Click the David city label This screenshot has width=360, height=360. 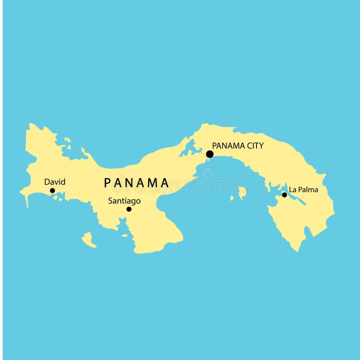click(54, 182)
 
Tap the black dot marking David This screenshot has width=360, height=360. click(52, 191)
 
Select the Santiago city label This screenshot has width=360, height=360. click(124, 201)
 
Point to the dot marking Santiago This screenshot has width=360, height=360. click(129, 209)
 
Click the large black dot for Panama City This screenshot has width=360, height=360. click(210, 154)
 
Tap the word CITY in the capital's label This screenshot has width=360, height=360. click(254, 145)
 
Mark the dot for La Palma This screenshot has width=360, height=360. click(284, 195)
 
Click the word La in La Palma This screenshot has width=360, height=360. click(292, 189)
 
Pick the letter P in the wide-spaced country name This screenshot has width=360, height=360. click(108, 183)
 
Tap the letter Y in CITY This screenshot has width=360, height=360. click(261, 145)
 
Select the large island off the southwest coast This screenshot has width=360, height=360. click(89, 239)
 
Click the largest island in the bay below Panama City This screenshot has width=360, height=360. click(243, 193)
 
